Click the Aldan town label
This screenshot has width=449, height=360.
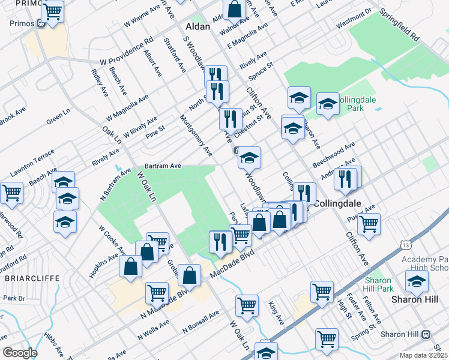[x=197, y=27]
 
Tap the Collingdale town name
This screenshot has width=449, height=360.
[x=341, y=203]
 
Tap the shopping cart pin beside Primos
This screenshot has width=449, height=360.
[x=53, y=11]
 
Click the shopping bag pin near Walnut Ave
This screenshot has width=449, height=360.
[x=235, y=10]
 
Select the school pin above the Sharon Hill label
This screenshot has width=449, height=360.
[x=417, y=280]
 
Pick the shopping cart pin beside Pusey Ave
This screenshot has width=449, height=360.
[x=369, y=224]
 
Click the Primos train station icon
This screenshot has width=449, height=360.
[x=41, y=24]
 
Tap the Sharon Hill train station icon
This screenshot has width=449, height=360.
[x=426, y=334]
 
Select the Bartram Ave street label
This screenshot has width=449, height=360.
[x=162, y=166]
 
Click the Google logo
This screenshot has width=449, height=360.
[x=20, y=353]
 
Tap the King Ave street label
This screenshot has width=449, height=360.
[x=276, y=313]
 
